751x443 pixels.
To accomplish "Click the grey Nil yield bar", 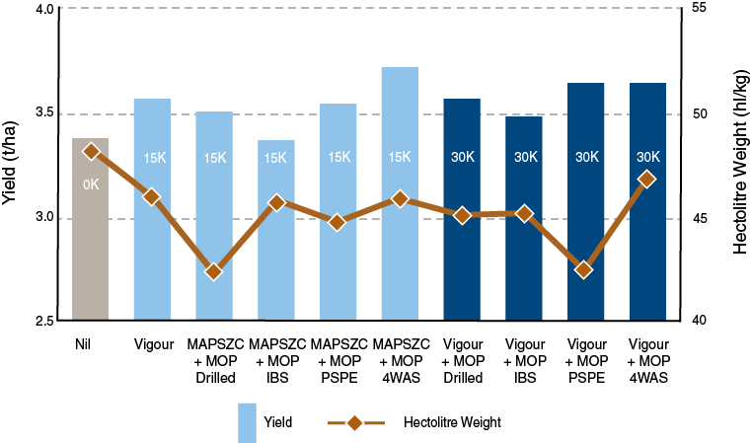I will coord(90,257).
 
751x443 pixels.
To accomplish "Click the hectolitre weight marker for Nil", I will coord(91,152).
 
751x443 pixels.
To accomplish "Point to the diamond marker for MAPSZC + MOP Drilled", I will coord(214,271).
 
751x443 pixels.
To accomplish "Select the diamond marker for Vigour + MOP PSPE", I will coord(584,269).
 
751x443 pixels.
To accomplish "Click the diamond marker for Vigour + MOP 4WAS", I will coord(646,179).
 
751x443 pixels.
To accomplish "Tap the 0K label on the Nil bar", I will coord(91,185).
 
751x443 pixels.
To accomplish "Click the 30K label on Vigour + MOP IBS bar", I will coord(525,157).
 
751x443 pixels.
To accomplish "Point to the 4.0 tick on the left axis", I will coord(45,9).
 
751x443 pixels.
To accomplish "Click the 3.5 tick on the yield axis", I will coord(45,113).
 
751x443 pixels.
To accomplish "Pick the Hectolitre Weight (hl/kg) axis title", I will coord(739,163).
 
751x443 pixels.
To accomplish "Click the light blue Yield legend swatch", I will coord(247,422).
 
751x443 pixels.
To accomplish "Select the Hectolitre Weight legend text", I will coord(453,422).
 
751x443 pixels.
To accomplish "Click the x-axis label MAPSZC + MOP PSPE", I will coord(338,361).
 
